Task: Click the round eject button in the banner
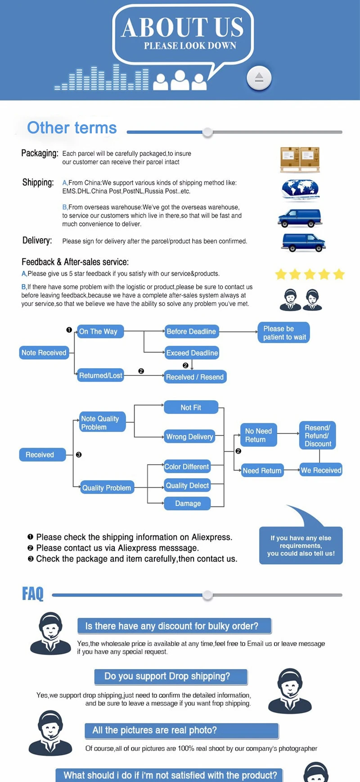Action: pos(259,78)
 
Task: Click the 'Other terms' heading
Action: pos(72,128)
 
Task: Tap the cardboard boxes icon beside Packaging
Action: pos(300,159)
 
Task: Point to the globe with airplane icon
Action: pos(300,190)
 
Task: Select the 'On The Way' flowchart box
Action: pos(100,331)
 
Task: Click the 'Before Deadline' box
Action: pos(191,331)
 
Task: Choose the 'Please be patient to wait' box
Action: pos(284,333)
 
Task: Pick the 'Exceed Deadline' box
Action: pos(192,353)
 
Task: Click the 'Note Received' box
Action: pos(44,353)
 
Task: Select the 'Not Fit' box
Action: pos(191,407)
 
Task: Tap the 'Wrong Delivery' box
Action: pos(189,437)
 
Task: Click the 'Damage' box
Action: pos(188,503)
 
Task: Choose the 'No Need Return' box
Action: pos(258,435)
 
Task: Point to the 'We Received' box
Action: pos(321,470)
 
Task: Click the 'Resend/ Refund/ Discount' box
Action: pos(318,435)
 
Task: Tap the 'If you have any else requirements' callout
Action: pos(301,545)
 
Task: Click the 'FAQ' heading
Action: pos(33,594)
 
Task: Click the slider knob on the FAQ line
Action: pos(207,595)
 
